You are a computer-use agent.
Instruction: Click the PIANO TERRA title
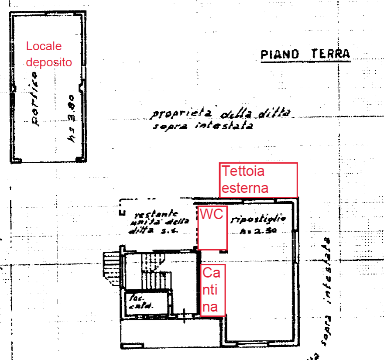pos(305,54)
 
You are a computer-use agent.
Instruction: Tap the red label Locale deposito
pos(48,54)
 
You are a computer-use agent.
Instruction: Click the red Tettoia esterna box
pos(258,180)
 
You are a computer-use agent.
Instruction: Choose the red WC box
pos(212,228)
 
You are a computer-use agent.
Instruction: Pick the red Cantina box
pos(213,290)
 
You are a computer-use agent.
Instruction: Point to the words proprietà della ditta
pos(220,114)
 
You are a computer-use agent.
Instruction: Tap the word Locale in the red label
pos(44,46)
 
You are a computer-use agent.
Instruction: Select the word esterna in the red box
pos(244,188)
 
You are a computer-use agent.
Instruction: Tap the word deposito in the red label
pos(48,62)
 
